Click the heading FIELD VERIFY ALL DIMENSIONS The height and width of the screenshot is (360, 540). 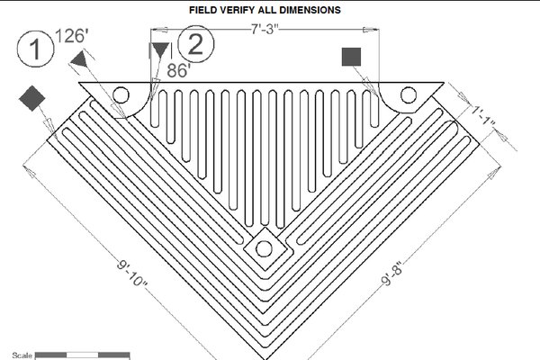click(x=265, y=10)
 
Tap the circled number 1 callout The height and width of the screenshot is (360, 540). click(x=35, y=49)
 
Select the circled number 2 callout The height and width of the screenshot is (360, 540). click(x=195, y=44)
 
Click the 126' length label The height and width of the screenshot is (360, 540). click(x=72, y=36)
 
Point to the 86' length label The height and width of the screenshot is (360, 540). click(x=179, y=70)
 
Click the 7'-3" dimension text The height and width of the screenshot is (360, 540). click(x=265, y=30)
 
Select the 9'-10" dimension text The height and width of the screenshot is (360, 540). click(x=132, y=274)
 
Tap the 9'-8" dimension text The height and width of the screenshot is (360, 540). click(x=391, y=274)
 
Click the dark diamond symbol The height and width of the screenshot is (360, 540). click(x=32, y=98)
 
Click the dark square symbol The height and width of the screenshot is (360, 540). click(x=351, y=57)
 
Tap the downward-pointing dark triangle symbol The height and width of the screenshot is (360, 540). click(x=161, y=50)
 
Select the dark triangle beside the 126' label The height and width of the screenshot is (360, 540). click(x=79, y=59)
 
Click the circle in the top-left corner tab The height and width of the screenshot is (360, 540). click(x=121, y=95)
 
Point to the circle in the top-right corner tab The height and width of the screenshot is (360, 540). click(x=409, y=95)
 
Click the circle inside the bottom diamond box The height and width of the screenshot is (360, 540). click(x=264, y=248)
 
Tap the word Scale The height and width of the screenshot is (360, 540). click(x=22, y=355)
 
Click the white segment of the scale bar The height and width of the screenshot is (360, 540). click(x=82, y=355)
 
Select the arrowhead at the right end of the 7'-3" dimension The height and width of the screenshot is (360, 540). click(x=371, y=30)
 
